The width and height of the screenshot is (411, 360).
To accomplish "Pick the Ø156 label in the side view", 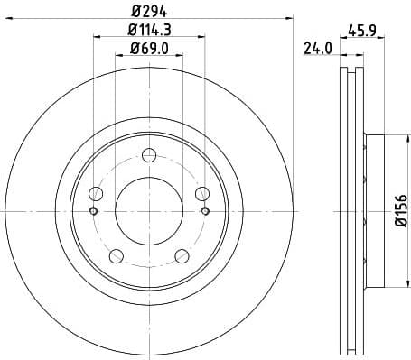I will click(402, 208).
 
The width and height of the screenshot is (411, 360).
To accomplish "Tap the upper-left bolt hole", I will click(97, 192).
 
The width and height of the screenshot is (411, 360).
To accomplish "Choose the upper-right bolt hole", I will click(201, 192).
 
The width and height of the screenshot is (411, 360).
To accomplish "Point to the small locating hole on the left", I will click(93, 211).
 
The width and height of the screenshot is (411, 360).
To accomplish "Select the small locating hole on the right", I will click(205, 211).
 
